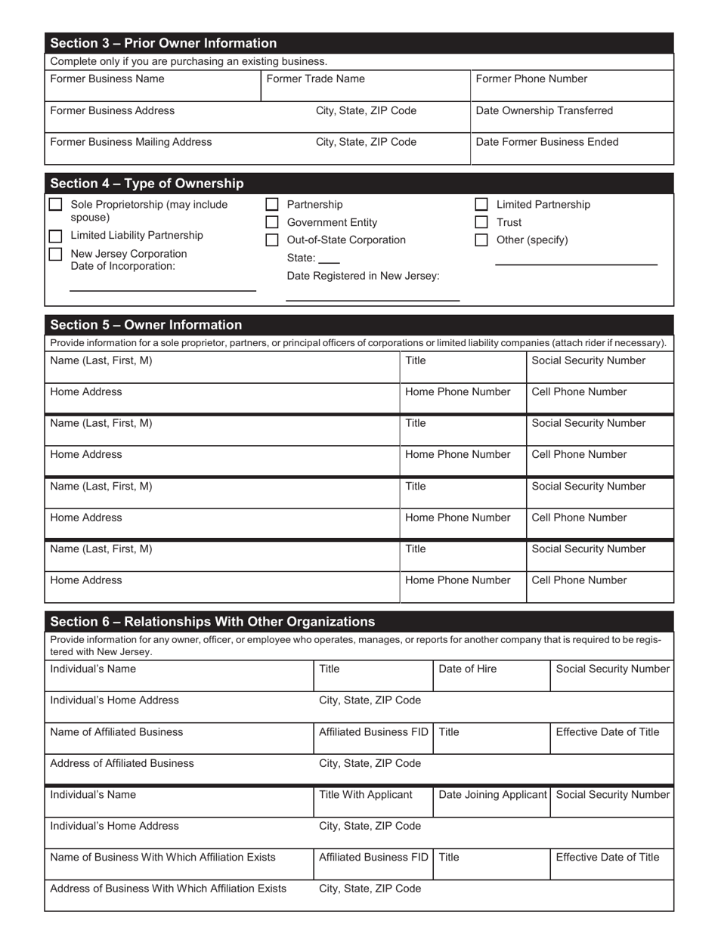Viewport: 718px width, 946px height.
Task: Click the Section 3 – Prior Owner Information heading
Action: pyautogui.click(x=163, y=43)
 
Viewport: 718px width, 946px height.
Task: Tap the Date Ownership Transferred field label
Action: pyautogui.click(x=543, y=111)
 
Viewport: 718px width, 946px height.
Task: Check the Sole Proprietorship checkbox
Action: pyautogui.click(x=55, y=205)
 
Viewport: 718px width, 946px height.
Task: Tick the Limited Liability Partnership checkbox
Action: pyautogui.click(x=55, y=236)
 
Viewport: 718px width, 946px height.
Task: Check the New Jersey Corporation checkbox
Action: pyautogui.click(x=55, y=254)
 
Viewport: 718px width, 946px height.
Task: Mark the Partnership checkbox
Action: pyautogui.click(x=273, y=205)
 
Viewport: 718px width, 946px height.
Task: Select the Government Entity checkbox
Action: pyautogui.click(x=273, y=222)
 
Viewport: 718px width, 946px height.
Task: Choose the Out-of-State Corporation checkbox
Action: pyautogui.click(x=273, y=240)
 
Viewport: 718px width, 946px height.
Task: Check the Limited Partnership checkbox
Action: pyautogui.click(x=481, y=205)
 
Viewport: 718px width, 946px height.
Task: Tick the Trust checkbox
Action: pyautogui.click(x=481, y=222)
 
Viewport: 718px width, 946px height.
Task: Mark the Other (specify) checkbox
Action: pyautogui.click(x=481, y=240)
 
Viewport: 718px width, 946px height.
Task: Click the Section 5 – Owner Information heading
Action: pyautogui.click(x=146, y=326)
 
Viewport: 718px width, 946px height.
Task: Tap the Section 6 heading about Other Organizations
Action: pyautogui.click(x=212, y=622)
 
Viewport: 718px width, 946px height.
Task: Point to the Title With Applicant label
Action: pyautogui.click(x=366, y=795)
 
